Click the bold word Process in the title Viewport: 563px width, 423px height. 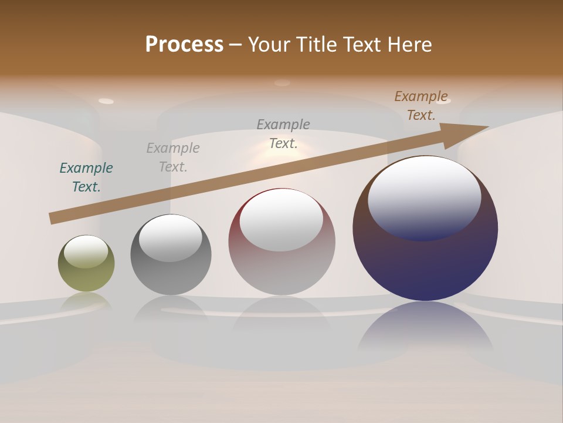[x=184, y=45]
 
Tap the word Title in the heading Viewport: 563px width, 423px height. [x=317, y=45]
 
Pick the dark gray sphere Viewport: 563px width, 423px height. [x=171, y=276]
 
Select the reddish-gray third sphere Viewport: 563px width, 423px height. [x=281, y=270]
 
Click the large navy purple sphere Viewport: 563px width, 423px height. [x=425, y=264]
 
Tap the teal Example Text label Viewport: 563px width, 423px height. [x=86, y=177]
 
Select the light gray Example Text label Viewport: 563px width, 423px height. [x=173, y=157]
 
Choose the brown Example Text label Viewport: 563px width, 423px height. [x=421, y=106]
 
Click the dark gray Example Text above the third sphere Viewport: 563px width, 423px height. [x=283, y=133]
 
